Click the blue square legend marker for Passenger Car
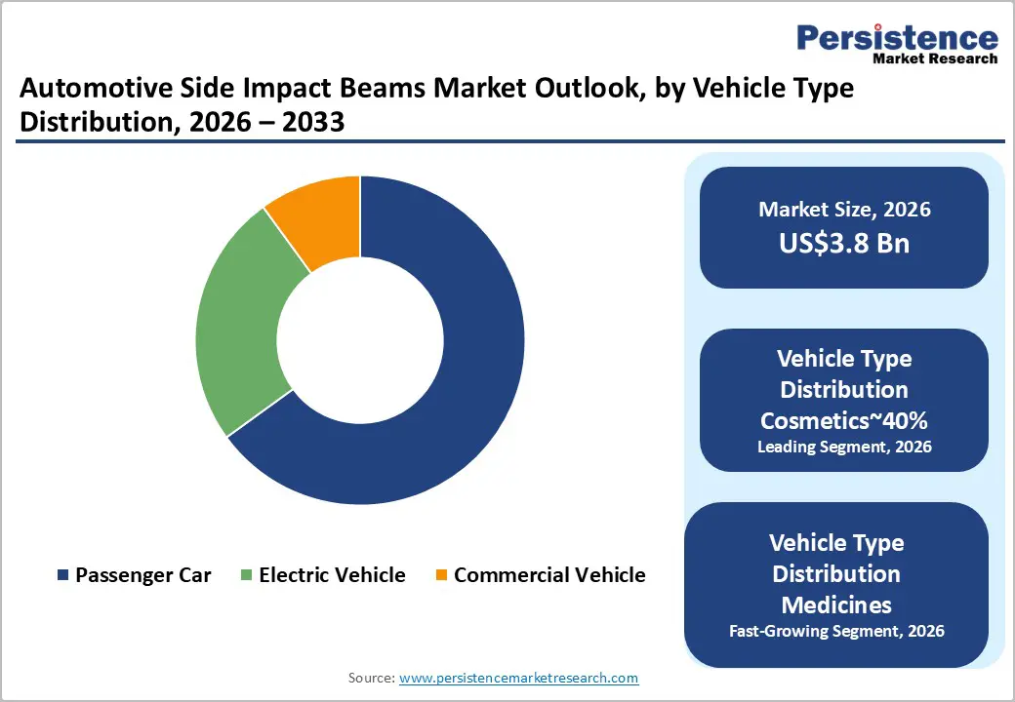[x=64, y=575]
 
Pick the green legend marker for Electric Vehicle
[x=248, y=575]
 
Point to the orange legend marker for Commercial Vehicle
[x=442, y=575]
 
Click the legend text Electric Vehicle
[x=332, y=575]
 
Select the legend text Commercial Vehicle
[x=549, y=575]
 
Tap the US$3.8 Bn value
[x=844, y=243]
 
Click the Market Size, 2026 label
[x=844, y=210]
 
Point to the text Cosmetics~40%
[x=844, y=420]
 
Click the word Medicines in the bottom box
[x=836, y=604]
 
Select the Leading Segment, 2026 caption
[x=844, y=447]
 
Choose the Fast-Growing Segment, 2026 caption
[x=836, y=631]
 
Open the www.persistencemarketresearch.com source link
[x=519, y=678]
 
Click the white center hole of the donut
[x=360, y=340]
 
